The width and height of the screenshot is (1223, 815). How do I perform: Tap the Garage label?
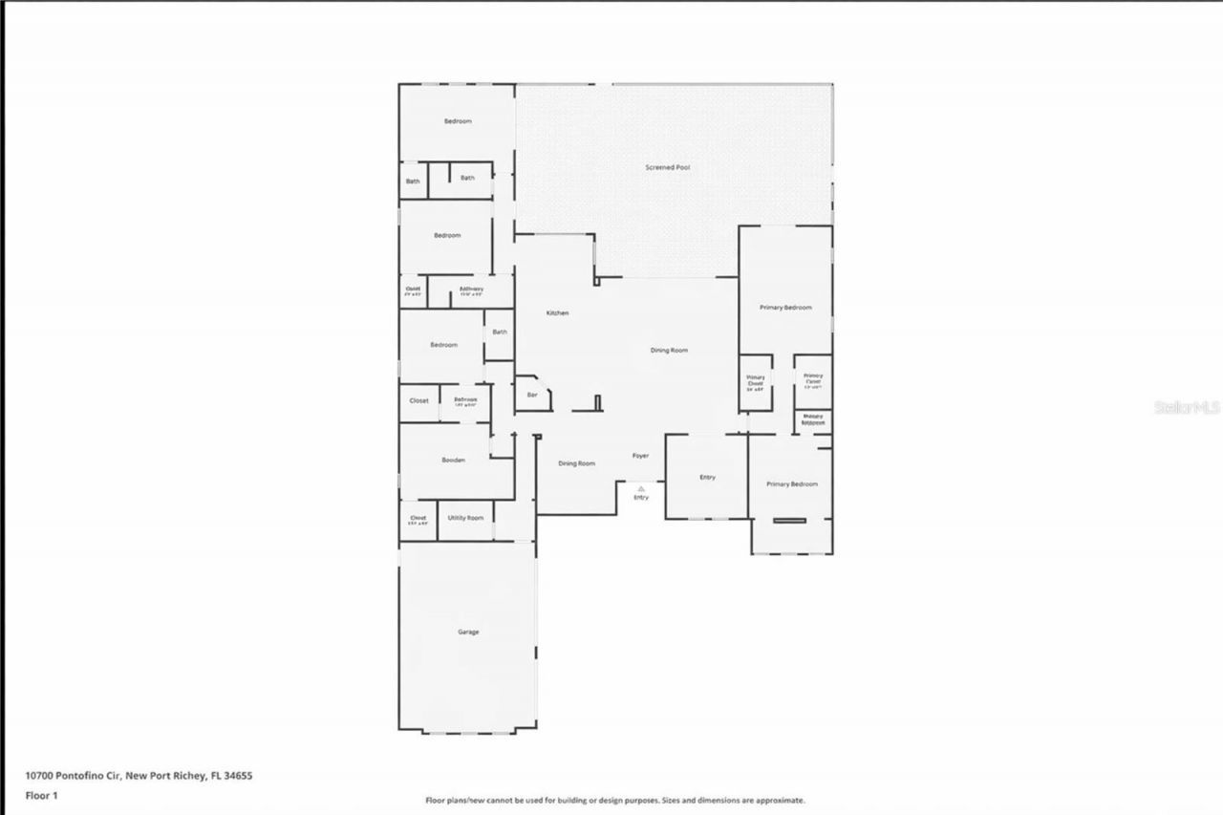click(x=468, y=632)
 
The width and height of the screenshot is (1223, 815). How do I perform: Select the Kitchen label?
click(x=558, y=313)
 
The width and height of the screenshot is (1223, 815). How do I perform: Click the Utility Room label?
click(x=465, y=518)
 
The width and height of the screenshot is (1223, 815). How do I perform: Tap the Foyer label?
click(x=640, y=456)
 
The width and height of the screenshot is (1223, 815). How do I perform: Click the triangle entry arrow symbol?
click(x=641, y=487)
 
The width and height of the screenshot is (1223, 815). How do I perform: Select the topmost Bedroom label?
click(x=458, y=121)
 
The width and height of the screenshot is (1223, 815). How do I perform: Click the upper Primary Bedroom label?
click(x=785, y=308)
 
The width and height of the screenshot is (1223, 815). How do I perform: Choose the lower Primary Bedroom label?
click(x=792, y=484)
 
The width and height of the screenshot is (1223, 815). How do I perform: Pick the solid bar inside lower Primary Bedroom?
click(x=789, y=520)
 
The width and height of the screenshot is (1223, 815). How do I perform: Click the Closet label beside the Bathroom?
click(x=418, y=400)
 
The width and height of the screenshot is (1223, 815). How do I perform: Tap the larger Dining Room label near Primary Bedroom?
click(x=669, y=351)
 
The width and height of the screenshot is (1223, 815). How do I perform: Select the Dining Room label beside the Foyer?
click(x=577, y=463)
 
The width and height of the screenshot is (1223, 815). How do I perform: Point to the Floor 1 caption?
click(x=41, y=795)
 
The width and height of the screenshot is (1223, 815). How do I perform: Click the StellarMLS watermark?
click(x=1187, y=407)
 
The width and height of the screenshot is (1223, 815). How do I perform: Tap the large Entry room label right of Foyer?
click(x=707, y=477)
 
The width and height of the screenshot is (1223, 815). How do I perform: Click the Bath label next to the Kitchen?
click(x=500, y=332)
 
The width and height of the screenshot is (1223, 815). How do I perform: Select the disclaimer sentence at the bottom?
click(x=614, y=800)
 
